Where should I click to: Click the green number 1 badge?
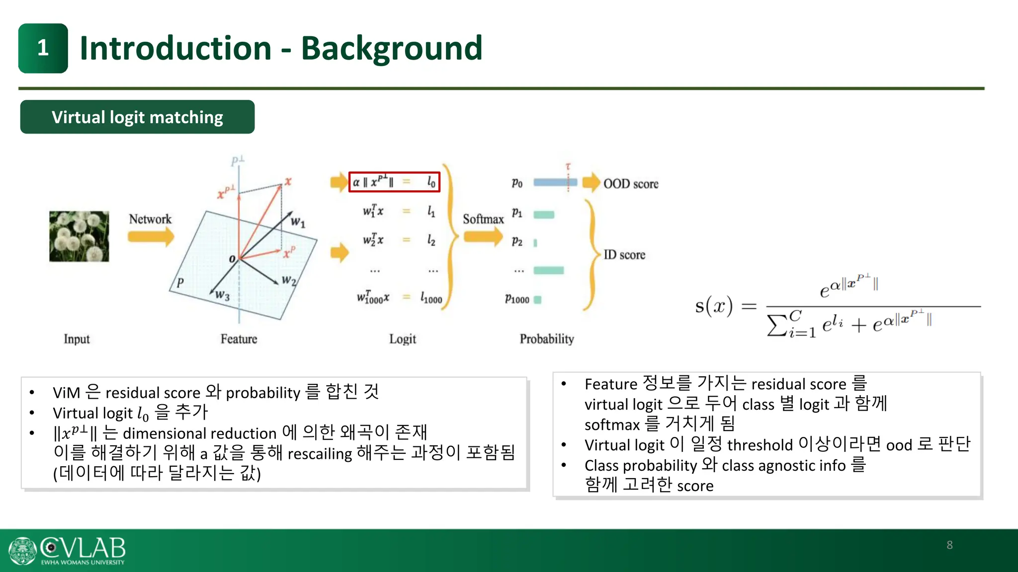pyautogui.click(x=43, y=48)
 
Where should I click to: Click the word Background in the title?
pyautogui.click(x=392, y=48)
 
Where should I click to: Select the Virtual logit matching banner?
pyautogui.click(x=137, y=117)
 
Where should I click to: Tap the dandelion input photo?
pyautogui.click(x=79, y=236)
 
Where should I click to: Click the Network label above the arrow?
pyautogui.click(x=150, y=219)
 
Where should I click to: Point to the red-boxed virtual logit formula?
pyautogui.click(x=394, y=182)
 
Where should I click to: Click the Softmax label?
pyautogui.click(x=483, y=219)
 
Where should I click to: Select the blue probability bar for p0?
pyautogui.click(x=554, y=183)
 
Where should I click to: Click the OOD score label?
pyautogui.click(x=630, y=184)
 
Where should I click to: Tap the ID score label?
pyautogui.click(x=624, y=255)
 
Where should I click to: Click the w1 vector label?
pyautogui.click(x=298, y=222)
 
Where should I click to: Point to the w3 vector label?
pyautogui.click(x=222, y=295)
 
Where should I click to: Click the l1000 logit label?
pyautogui.click(x=431, y=298)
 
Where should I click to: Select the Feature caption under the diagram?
pyautogui.click(x=239, y=339)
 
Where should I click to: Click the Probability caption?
pyautogui.click(x=547, y=339)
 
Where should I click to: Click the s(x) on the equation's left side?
pyautogui.click(x=713, y=306)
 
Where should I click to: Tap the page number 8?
pyautogui.click(x=949, y=545)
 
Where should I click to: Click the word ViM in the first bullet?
pyautogui.click(x=66, y=393)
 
